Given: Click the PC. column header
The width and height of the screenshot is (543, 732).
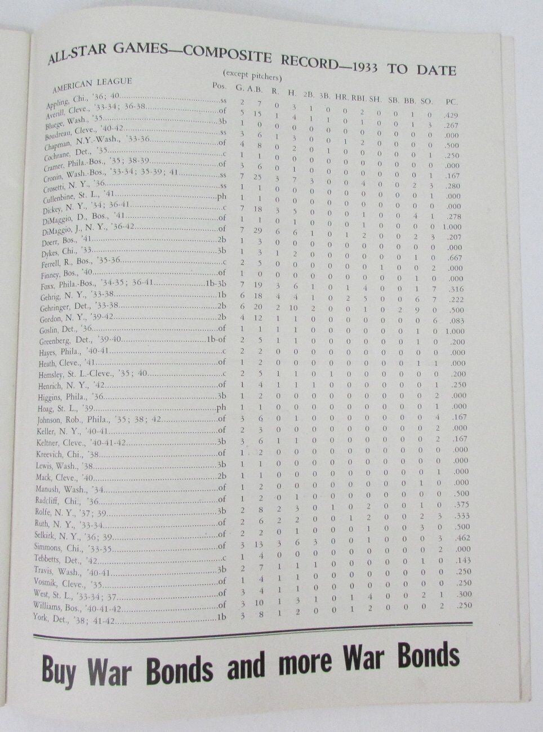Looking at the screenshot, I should point(451,102).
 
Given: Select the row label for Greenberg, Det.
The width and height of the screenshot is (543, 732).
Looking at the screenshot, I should point(75,340).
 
